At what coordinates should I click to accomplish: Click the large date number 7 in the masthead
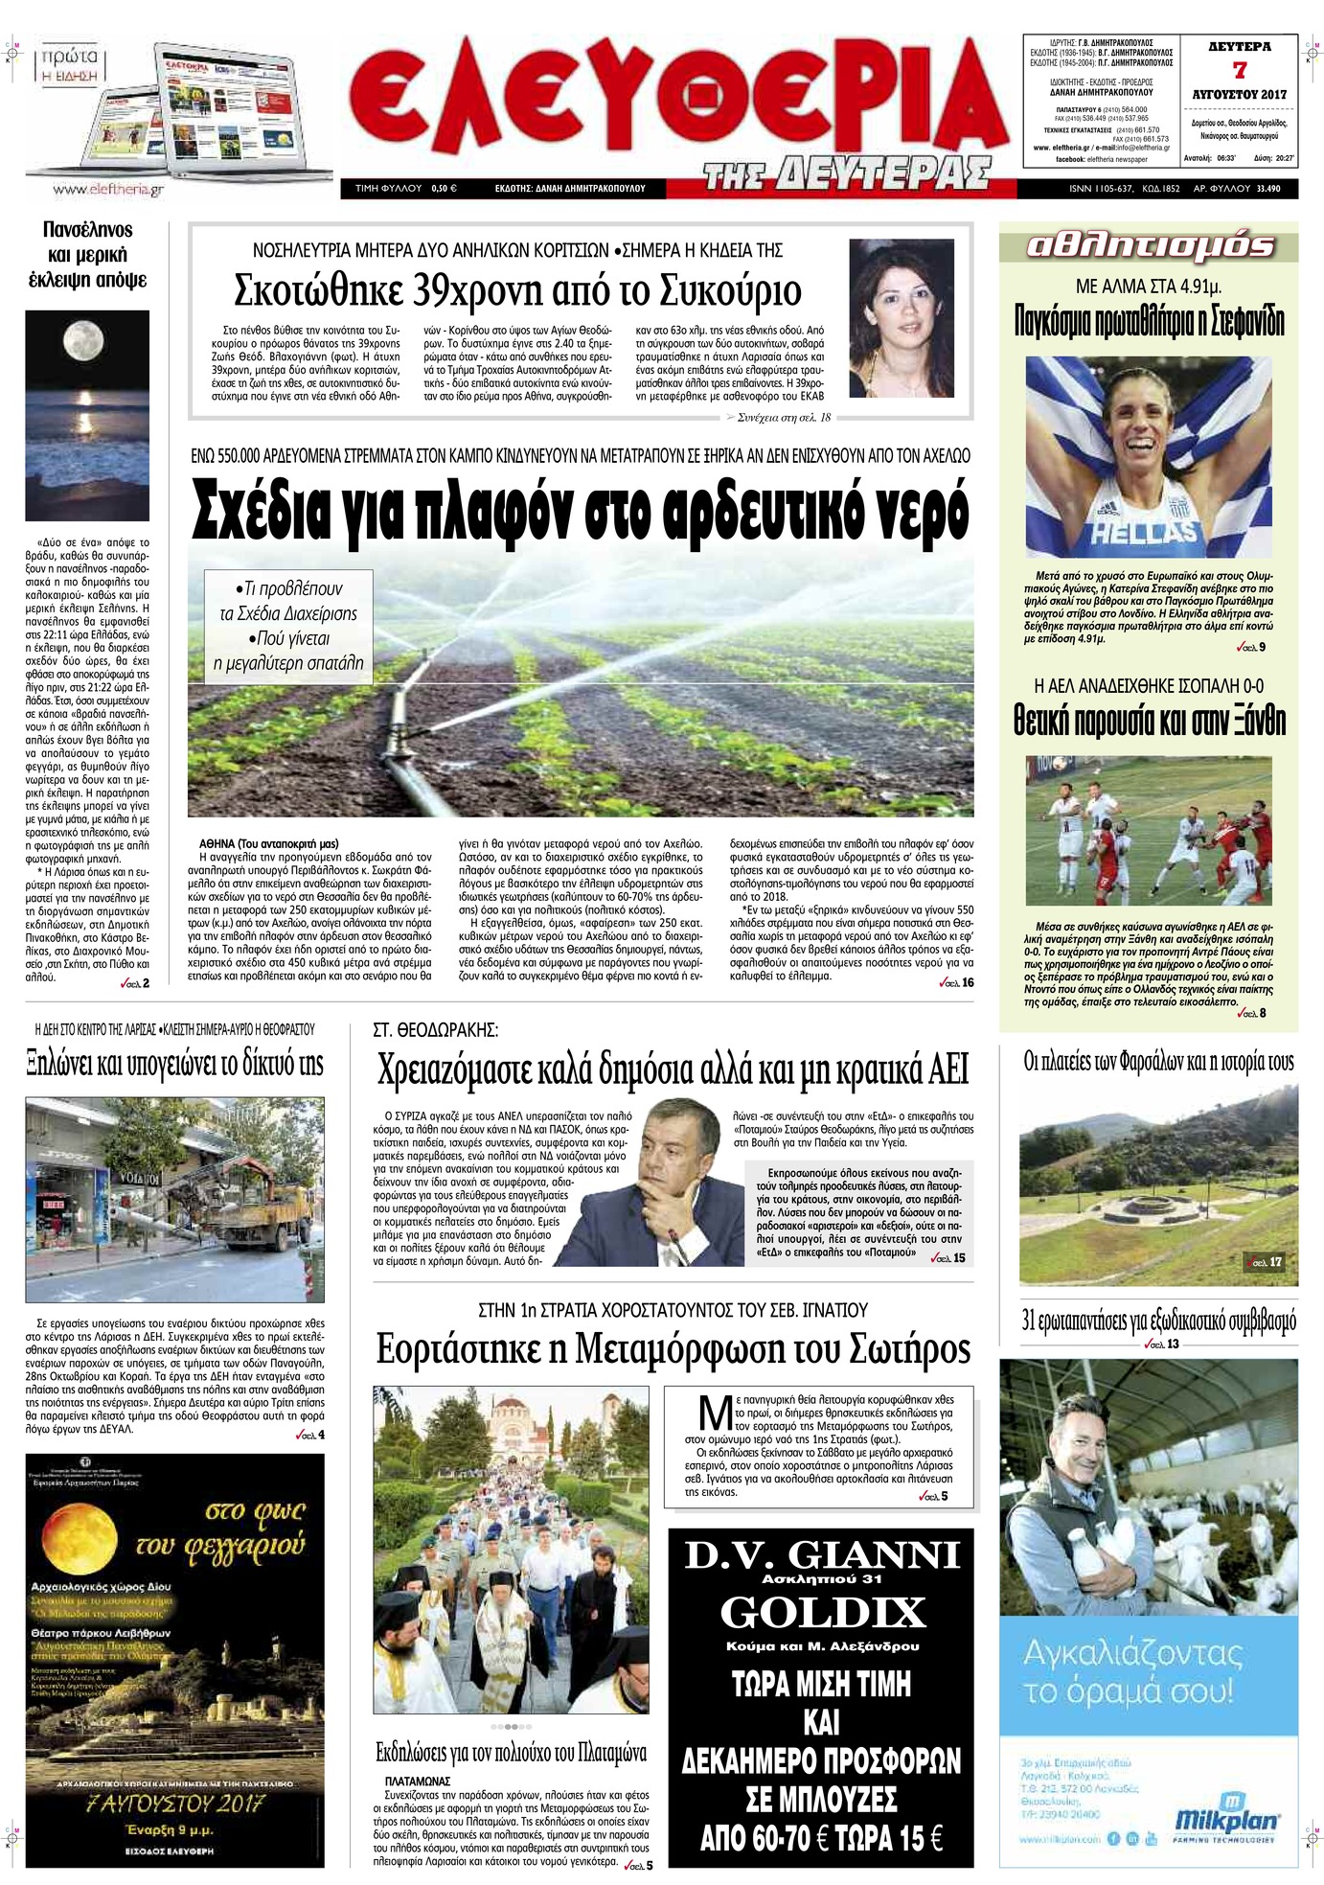[1240, 69]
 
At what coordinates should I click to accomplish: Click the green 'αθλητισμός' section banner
[1149, 246]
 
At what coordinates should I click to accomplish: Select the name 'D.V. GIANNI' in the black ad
[822, 1553]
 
